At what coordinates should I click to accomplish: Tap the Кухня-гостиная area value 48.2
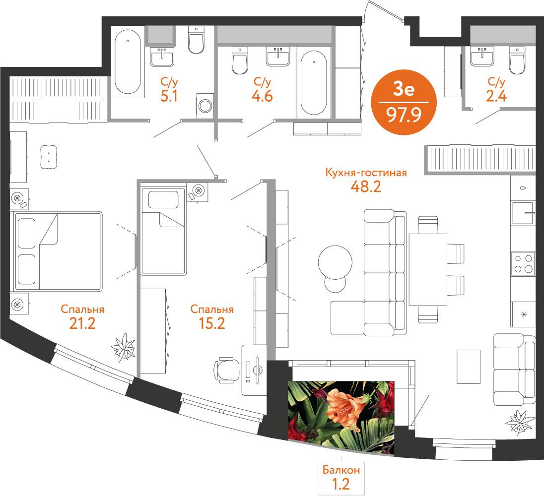coord(366,187)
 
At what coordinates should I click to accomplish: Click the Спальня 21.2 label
coord(82,316)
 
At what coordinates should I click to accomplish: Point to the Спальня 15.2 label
coord(212,316)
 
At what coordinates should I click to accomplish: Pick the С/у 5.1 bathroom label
coord(169,89)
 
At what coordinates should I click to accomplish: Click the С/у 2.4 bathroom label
coord(496,89)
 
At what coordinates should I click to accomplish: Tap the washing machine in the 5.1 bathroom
coord(205,105)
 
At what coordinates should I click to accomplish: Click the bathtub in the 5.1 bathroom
coord(128,62)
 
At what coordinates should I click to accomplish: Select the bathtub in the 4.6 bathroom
coord(314,82)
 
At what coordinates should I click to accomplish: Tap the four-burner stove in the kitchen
coord(523,264)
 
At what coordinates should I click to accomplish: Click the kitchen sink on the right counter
coord(523,213)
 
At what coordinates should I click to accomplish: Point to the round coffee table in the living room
coord(335,262)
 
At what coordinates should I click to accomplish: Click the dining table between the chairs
coord(428,270)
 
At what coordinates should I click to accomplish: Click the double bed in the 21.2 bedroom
coord(58,251)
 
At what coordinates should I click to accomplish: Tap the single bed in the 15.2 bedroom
coord(163,231)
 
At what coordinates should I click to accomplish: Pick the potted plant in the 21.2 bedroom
coord(123,347)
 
